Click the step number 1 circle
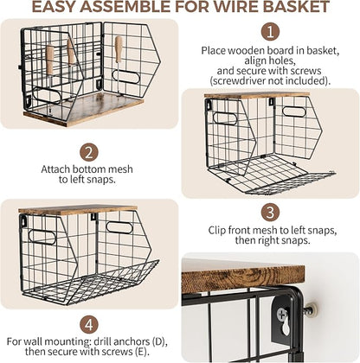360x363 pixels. (270, 32)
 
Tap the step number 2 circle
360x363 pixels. (89, 153)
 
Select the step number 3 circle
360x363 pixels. (270, 213)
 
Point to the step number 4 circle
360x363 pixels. (89, 325)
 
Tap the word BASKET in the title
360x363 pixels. (296, 7)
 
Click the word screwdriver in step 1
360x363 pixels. (239, 81)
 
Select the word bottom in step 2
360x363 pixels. (88, 169)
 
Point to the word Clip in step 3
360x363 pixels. (217, 231)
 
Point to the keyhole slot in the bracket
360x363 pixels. (286, 328)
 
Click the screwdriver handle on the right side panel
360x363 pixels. (119, 49)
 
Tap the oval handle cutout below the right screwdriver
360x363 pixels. (126, 76)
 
